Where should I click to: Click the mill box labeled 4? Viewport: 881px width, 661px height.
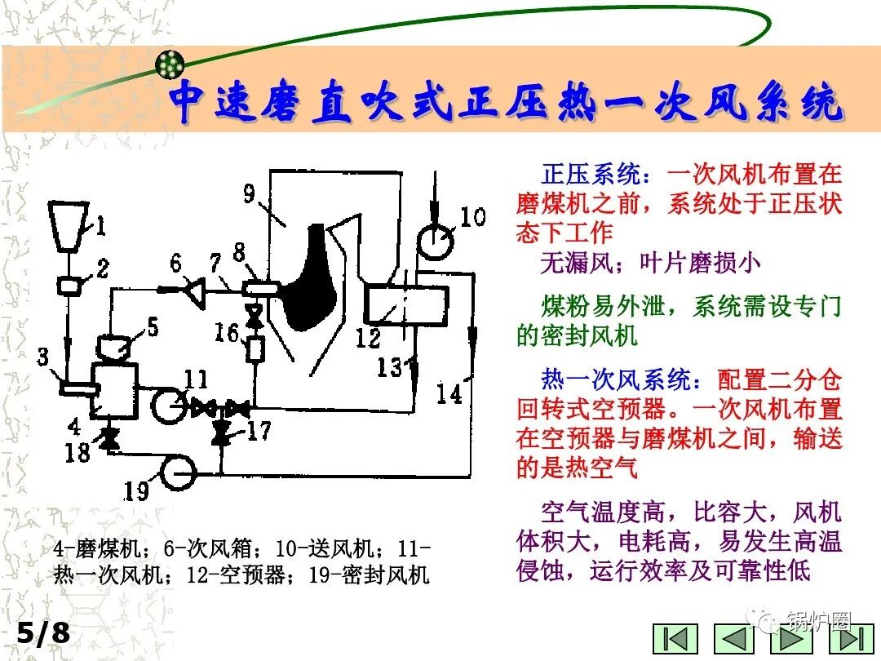[115, 390]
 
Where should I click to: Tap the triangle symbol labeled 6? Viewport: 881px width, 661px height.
[194, 286]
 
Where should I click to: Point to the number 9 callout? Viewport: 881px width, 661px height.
[250, 194]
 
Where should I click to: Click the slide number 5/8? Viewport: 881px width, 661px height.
[43, 633]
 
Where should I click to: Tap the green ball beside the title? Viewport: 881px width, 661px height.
[170, 64]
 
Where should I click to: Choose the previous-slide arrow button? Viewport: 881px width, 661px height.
[734, 639]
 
